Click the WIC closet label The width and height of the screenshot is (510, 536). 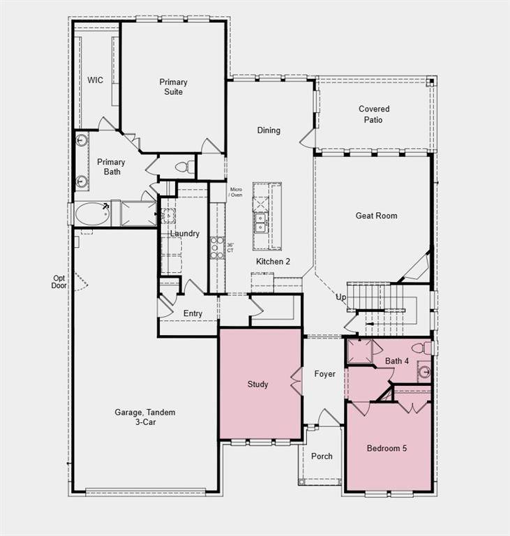(x=95, y=80)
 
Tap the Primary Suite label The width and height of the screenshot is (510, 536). (x=173, y=87)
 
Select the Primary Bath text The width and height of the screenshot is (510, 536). (x=111, y=167)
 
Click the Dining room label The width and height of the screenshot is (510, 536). (x=269, y=131)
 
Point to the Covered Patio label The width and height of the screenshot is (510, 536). (x=374, y=114)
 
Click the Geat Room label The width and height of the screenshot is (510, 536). (x=376, y=216)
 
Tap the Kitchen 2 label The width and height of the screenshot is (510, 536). (x=273, y=262)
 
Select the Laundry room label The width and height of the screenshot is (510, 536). (x=184, y=234)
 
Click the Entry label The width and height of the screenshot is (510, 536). (x=193, y=314)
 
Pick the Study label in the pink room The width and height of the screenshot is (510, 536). (x=257, y=385)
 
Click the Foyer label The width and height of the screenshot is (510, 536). (x=324, y=374)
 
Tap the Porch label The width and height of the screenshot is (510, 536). (x=322, y=456)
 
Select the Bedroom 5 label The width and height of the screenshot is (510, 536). (x=387, y=448)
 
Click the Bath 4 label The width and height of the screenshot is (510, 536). (x=397, y=361)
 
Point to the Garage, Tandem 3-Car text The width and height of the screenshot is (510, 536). (x=145, y=417)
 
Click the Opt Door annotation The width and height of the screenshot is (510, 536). (x=59, y=281)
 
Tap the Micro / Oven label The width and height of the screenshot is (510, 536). (x=236, y=191)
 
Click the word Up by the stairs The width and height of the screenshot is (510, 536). (x=341, y=297)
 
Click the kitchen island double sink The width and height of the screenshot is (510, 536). (x=260, y=223)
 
